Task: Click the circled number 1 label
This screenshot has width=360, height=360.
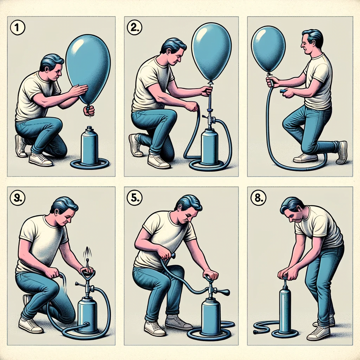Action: (x=18, y=28)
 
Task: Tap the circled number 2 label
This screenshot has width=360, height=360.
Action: (x=135, y=28)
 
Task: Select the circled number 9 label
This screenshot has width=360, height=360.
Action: (x=18, y=198)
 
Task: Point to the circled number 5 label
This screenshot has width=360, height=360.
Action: (x=135, y=198)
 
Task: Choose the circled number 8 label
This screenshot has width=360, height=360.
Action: (x=258, y=198)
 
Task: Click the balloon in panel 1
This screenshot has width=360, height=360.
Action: (x=88, y=69)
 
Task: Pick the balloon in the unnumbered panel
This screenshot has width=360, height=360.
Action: (x=269, y=49)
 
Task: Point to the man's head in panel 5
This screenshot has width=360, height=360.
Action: (x=189, y=210)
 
